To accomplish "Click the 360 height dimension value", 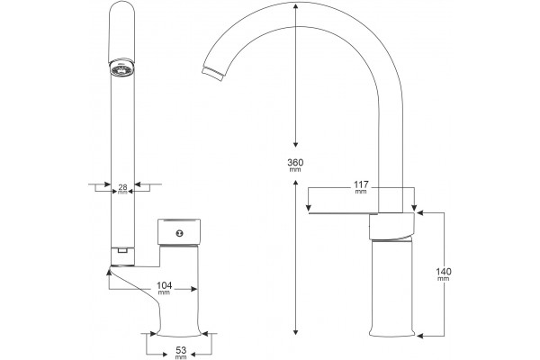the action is coord(295,162).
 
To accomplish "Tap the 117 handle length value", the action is coord(361,184).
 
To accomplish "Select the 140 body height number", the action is coord(444,272).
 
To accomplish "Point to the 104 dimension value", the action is coord(165,285).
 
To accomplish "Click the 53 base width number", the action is coord(181,350).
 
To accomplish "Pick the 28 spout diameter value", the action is coord(122,187).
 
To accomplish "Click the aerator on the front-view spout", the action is coord(121,67).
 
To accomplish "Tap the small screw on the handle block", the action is coord(179,233).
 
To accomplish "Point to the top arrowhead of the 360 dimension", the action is coord(295,6).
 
